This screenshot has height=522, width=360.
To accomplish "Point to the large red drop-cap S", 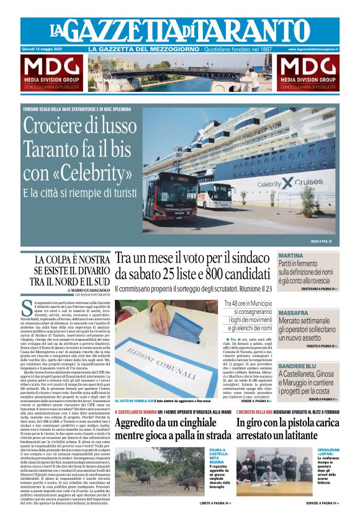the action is coord(27,308).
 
